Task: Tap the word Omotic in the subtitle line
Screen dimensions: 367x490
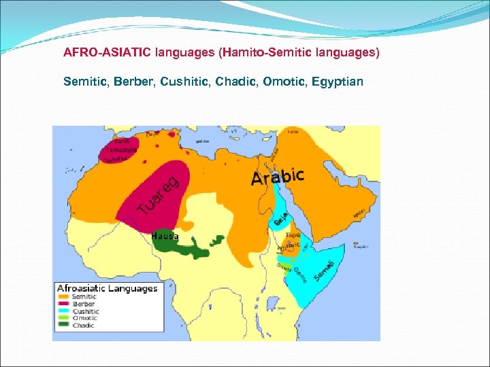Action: tap(287, 82)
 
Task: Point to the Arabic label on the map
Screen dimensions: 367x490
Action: tap(278, 176)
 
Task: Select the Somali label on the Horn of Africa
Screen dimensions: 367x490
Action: tap(323, 271)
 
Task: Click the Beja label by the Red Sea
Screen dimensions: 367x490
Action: tap(279, 219)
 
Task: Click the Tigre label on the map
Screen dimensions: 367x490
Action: tap(293, 234)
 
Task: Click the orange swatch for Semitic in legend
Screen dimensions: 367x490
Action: tap(63, 296)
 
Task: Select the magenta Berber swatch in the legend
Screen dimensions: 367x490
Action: tap(63, 304)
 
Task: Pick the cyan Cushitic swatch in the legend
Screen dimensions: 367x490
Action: tap(63, 311)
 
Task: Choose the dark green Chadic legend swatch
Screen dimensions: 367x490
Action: tap(63, 326)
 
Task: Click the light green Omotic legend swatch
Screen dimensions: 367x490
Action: tap(63, 318)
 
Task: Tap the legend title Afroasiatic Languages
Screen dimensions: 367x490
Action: tap(107, 288)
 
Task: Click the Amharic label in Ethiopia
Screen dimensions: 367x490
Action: tap(284, 249)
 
